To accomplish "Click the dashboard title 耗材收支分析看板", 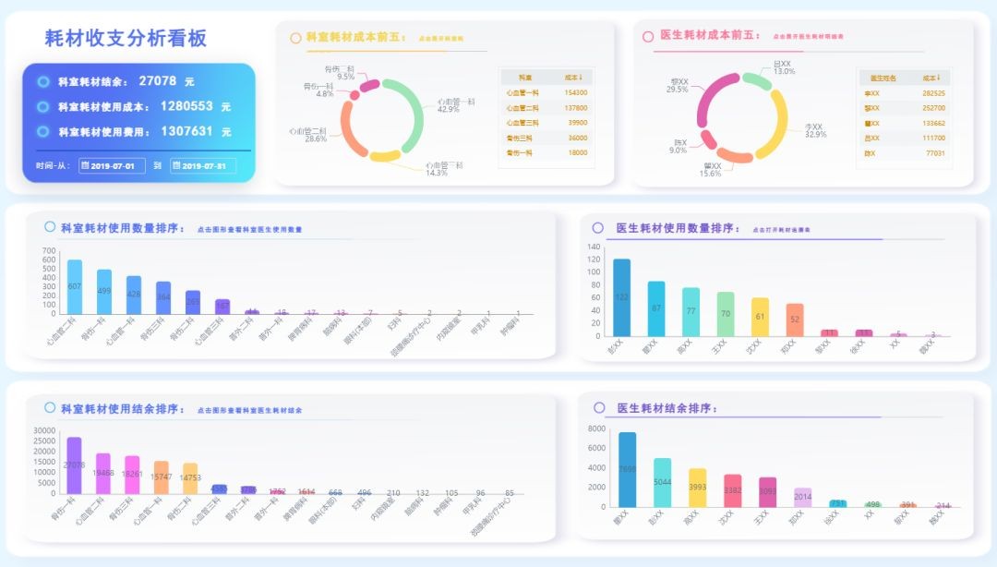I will [126, 38].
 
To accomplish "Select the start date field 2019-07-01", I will [113, 166].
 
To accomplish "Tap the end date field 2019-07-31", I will [203, 166].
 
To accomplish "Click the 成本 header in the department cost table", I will [572, 78].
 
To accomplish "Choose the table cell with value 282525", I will [933, 93].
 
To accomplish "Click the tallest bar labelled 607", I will [75, 287].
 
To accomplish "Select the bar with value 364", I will [163, 297].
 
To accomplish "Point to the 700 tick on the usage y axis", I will [49, 250].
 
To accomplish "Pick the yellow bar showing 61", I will [760, 317].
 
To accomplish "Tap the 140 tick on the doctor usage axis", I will [594, 247].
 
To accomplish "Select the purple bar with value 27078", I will [75, 464].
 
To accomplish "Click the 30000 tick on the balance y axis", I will [43, 430].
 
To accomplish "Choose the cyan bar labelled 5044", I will [663, 482].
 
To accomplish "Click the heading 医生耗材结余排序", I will [666, 408].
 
